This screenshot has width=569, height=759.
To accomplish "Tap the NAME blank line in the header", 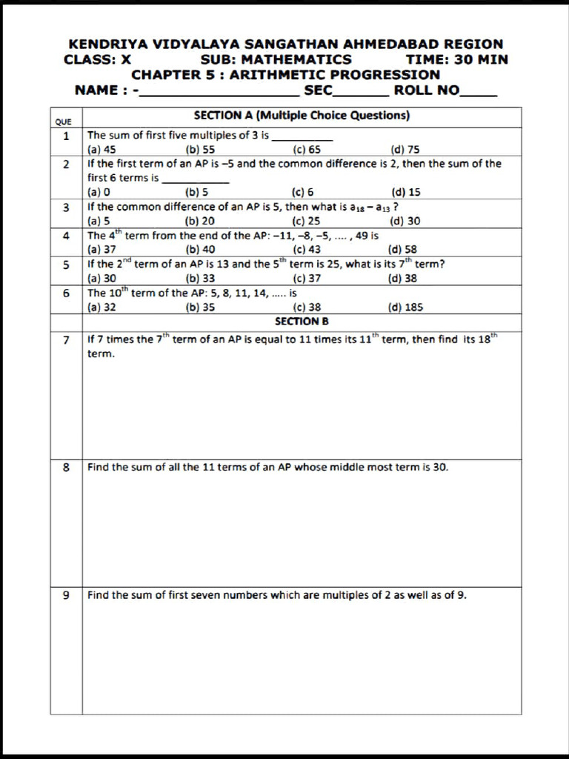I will [x=219, y=93].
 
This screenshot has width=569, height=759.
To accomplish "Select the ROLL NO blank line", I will [x=479, y=93].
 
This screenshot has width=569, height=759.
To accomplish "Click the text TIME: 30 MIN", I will [x=457, y=59].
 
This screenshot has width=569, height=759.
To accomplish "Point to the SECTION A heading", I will [x=302, y=116].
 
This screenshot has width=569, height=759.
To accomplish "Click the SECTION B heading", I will [x=302, y=322].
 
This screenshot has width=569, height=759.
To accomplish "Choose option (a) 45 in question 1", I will [x=102, y=149].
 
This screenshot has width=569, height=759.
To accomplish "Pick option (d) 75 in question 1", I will [x=405, y=149].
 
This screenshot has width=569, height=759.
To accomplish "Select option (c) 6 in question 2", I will [x=303, y=192].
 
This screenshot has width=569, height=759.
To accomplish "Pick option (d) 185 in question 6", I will [x=405, y=308].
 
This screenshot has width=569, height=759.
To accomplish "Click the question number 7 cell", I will [x=66, y=339].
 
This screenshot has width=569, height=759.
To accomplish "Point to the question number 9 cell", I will [x=66, y=594].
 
